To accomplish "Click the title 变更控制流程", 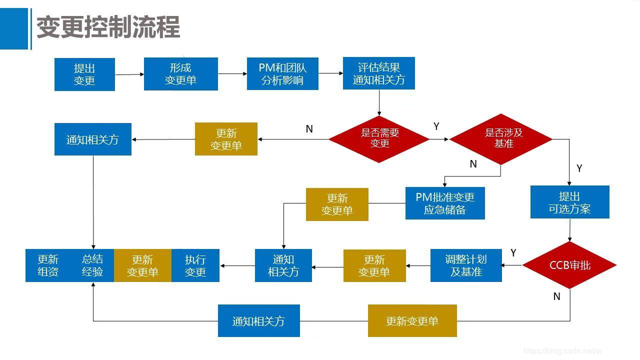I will (108, 27).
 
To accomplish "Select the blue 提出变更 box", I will (84, 74).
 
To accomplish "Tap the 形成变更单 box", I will (180, 74).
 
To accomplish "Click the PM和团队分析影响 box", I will (282, 73).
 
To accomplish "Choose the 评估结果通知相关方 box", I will (378, 73).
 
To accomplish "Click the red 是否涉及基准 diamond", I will (501, 138).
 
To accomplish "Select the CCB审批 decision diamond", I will (569, 265).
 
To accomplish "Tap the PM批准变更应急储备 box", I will (445, 203).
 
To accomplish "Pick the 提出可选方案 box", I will (569, 202).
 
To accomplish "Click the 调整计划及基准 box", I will (466, 265).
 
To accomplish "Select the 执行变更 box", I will (195, 265).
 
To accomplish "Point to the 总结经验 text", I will (92, 265).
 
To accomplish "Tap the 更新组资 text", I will (48, 265).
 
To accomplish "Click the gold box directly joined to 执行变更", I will (142, 265).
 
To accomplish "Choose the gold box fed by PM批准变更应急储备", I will (337, 204).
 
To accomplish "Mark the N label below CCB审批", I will (556, 296).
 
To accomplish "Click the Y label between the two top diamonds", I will (436, 126).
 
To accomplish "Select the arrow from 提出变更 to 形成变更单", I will (129, 74).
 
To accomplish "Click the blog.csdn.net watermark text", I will (562, 351).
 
